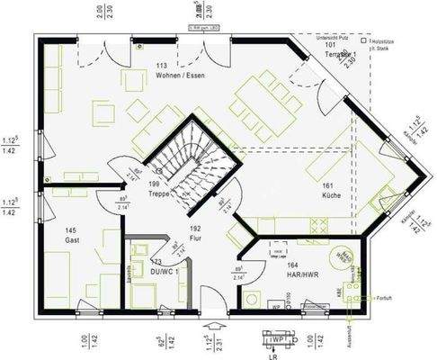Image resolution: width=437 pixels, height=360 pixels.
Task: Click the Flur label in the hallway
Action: (x=195, y=239)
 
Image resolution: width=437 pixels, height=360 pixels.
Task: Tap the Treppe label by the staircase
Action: (x=158, y=193)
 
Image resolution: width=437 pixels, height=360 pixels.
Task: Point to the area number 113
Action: (x=162, y=67)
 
